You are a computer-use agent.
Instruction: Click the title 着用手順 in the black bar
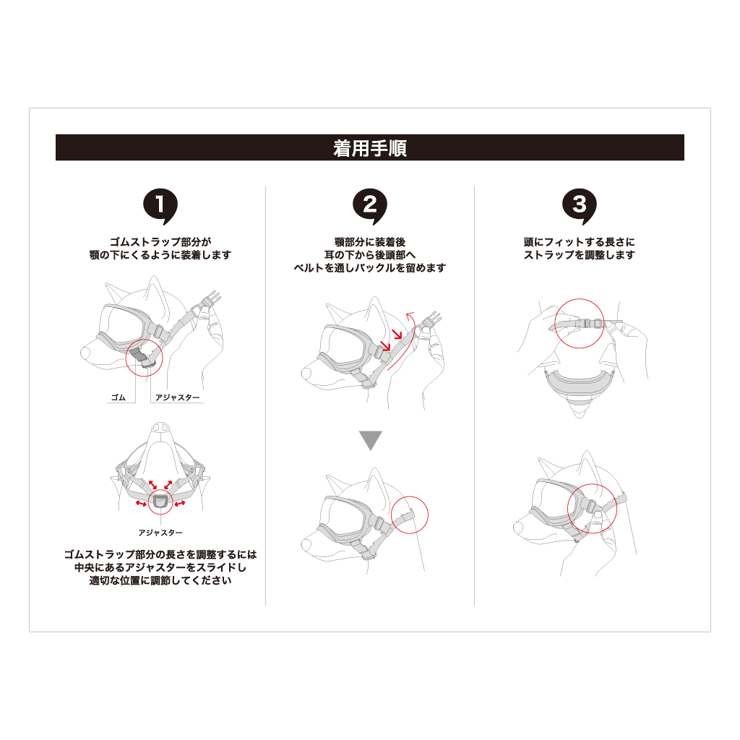(x=369, y=148)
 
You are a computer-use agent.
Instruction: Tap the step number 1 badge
(x=160, y=206)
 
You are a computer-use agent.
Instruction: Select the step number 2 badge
(x=370, y=206)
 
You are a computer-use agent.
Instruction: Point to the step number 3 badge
(x=580, y=206)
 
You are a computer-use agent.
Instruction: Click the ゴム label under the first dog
(x=119, y=397)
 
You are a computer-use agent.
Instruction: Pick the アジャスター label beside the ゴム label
(x=178, y=397)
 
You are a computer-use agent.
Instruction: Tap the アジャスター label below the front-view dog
(x=160, y=533)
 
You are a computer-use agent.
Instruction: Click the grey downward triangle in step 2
(x=371, y=440)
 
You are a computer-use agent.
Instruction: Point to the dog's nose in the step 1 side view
(x=86, y=352)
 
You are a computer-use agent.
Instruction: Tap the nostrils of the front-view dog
(x=160, y=426)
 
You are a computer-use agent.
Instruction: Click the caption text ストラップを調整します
(x=580, y=255)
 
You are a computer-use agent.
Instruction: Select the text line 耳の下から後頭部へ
(x=370, y=255)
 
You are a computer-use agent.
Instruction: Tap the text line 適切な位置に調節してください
(x=160, y=580)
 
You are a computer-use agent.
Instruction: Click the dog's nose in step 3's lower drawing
(x=518, y=527)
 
